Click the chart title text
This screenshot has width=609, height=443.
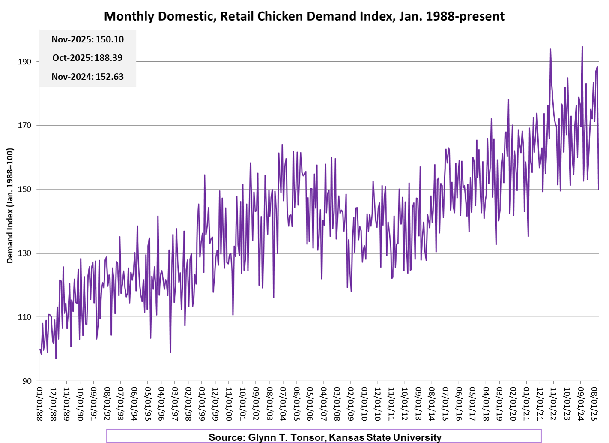click(x=304, y=16)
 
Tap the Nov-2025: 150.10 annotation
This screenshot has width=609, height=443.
click(x=87, y=39)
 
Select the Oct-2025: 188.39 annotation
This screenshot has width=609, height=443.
click(x=87, y=58)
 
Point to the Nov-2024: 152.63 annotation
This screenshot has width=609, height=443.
click(x=87, y=77)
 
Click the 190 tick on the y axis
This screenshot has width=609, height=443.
click(x=24, y=62)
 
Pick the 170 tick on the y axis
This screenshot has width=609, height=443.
click(x=24, y=126)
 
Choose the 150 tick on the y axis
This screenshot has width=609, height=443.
click(x=24, y=190)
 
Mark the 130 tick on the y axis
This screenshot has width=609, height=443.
click(x=24, y=253)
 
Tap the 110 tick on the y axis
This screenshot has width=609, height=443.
click(x=24, y=317)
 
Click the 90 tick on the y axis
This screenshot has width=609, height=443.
click(x=27, y=381)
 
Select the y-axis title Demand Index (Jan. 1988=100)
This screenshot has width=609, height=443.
click(x=10, y=205)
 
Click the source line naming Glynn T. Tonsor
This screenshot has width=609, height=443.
click(x=325, y=437)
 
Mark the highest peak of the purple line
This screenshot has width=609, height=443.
click(x=582, y=47)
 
